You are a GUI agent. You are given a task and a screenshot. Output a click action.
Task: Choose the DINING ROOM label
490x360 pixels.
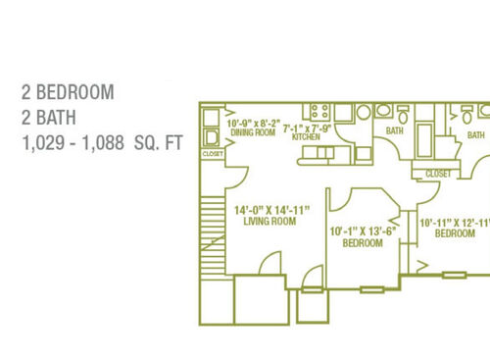coord(252,132)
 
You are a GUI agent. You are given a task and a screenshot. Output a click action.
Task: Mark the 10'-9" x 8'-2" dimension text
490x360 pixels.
coord(253,124)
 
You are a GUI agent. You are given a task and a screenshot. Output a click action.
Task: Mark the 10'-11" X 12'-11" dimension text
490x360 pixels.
coord(453,223)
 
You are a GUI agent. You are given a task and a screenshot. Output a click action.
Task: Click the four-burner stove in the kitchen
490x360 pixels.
coord(318,112)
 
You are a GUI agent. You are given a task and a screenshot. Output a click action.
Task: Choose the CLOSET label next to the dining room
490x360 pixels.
coord(213,154)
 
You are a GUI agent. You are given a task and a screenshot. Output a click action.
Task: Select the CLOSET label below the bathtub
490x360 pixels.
coord(437,174)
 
